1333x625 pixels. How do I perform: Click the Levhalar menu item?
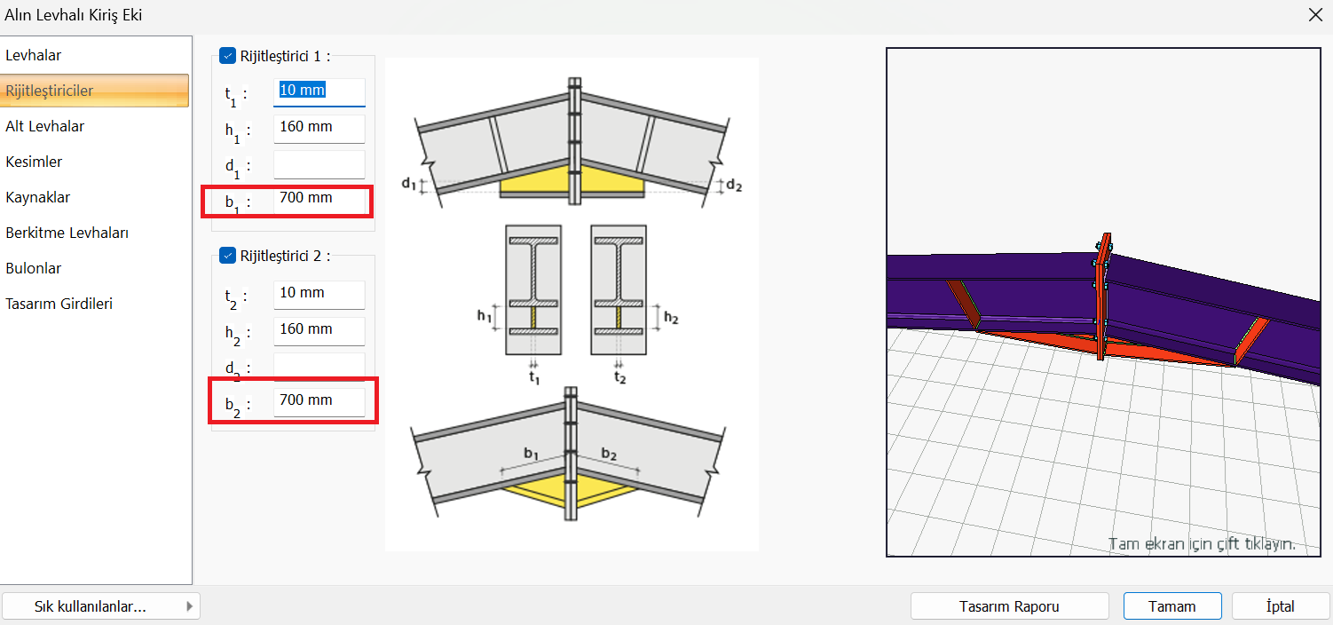pyautogui.click(x=34, y=55)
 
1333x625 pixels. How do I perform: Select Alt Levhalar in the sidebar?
pyautogui.click(x=45, y=126)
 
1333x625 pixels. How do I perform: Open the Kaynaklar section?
pyautogui.click(x=38, y=197)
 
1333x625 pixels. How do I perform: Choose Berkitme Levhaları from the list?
pyautogui.click(x=67, y=233)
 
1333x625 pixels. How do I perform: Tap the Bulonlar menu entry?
pyautogui.click(x=34, y=268)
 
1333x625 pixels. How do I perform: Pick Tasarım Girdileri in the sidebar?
pyautogui.click(x=59, y=304)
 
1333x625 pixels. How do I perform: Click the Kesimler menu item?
pyautogui.click(x=34, y=162)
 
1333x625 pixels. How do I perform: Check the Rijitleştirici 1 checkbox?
pyautogui.click(x=227, y=56)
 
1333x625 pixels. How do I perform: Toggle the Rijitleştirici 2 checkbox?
pyautogui.click(x=227, y=256)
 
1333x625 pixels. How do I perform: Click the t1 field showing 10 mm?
pyautogui.click(x=319, y=91)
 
